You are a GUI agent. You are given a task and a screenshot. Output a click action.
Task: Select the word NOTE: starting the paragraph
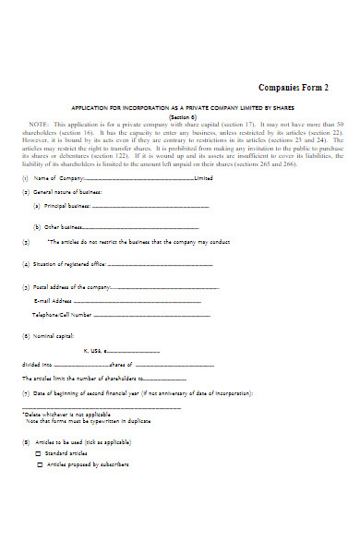[x=40, y=124]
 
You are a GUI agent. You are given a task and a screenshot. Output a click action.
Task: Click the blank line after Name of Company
[x=139, y=178]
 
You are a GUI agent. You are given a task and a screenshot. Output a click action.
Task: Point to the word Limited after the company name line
[x=204, y=178]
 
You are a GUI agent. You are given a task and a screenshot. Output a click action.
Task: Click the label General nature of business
[x=63, y=191]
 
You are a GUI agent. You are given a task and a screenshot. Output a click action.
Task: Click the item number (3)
[x=25, y=241]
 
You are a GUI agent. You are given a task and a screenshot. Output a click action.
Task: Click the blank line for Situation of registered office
[x=162, y=264]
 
